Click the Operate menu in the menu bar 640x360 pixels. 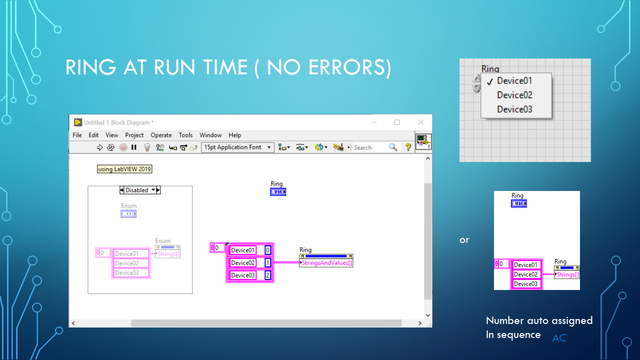[x=161, y=135]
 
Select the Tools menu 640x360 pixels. [x=185, y=135]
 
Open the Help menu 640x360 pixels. [x=234, y=135]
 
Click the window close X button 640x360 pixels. [x=420, y=122]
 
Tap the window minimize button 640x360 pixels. [x=373, y=122]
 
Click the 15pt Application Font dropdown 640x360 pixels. [x=237, y=147]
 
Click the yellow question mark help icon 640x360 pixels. [x=408, y=147]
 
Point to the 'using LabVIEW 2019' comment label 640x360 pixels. [x=124, y=169]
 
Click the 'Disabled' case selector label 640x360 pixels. [x=137, y=190]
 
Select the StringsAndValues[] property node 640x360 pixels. [x=326, y=263]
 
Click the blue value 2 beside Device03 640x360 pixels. [x=268, y=275]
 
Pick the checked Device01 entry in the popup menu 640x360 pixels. [x=514, y=81]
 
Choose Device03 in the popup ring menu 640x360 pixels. [x=514, y=109]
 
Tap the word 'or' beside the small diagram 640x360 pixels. [x=464, y=240]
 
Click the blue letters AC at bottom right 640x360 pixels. [x=559, y=338]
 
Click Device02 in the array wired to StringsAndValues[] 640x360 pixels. [x=243, y=262]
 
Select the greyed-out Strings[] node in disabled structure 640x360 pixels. [x=169, y=253]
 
